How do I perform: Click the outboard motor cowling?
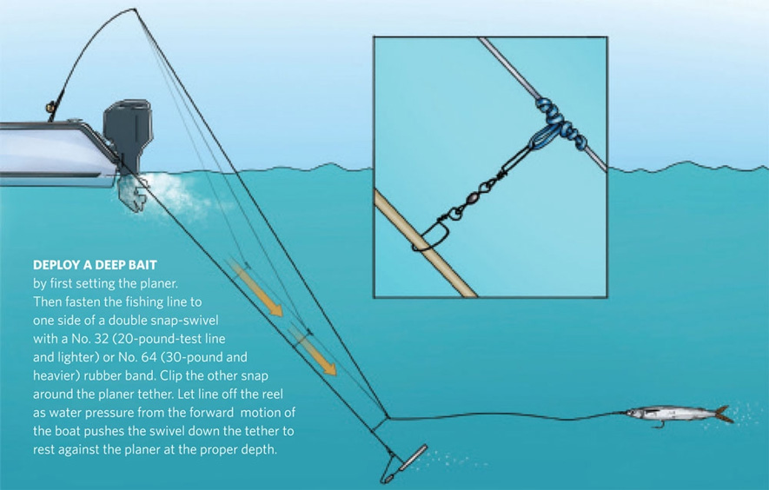point(127,127)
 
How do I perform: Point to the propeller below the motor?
point(132,194)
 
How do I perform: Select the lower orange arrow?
point(314,350)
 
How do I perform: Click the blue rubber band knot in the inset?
point(560,123)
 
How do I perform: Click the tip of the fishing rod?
point(135,9)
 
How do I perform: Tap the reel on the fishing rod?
point(50,107)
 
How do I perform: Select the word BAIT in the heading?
point(143,265)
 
